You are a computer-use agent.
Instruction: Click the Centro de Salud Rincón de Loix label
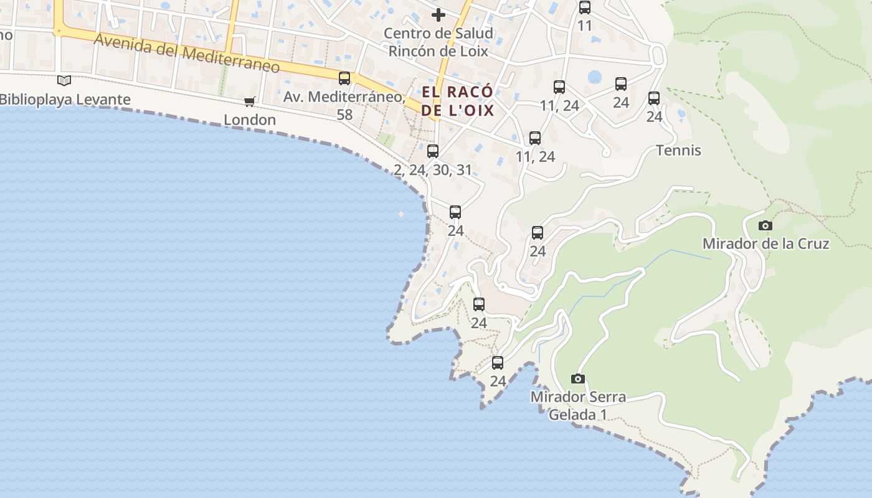438,42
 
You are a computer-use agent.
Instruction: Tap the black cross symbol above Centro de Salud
438,14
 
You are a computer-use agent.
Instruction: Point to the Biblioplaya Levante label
65,100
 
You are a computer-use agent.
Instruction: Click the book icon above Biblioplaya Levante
64,80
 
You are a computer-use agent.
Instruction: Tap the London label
250,120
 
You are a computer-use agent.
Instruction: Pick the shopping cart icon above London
250,101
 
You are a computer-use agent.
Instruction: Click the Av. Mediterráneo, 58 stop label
344,105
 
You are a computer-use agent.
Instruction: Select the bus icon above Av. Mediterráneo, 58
344,78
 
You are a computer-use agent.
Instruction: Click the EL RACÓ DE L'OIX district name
458,101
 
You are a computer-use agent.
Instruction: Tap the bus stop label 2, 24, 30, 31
433,170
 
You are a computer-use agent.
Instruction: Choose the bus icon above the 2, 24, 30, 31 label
433,151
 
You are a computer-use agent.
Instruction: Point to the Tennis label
678,151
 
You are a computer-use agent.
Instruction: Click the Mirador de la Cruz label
765,243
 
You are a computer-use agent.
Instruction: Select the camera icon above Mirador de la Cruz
765,225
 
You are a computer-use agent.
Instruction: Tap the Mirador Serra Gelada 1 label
578,405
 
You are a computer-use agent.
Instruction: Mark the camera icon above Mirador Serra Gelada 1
578,378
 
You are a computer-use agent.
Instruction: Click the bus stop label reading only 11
584,26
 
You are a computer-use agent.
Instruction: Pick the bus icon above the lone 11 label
584,7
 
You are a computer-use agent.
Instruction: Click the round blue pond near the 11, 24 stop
595,77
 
